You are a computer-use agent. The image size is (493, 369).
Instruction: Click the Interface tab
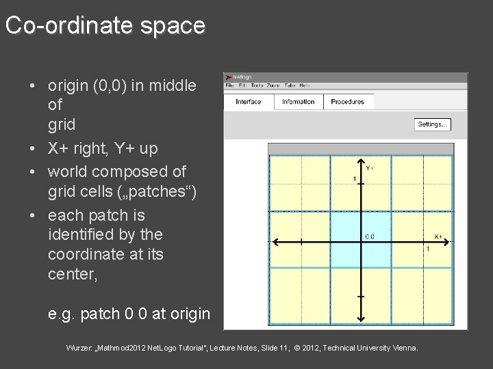249,102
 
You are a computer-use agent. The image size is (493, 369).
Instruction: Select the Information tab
299,102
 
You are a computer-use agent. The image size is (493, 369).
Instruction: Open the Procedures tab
348,102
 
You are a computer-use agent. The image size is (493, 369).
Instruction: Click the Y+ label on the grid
369,167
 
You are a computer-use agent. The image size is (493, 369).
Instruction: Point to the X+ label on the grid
438,236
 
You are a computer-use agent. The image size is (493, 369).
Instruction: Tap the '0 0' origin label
369,237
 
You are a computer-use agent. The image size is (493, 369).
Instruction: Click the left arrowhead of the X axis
276,241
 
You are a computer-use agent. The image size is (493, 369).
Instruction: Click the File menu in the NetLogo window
230,85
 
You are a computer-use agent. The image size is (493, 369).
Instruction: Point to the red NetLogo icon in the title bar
229,77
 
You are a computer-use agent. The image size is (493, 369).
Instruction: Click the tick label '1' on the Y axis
355,179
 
